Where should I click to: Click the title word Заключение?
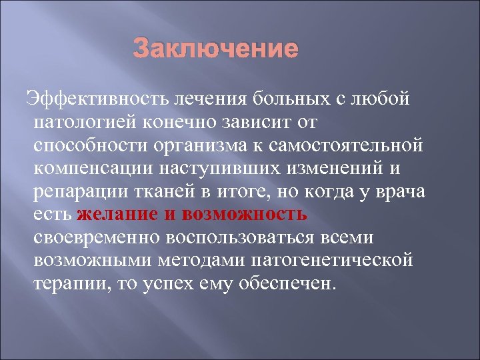click(215, 49)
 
